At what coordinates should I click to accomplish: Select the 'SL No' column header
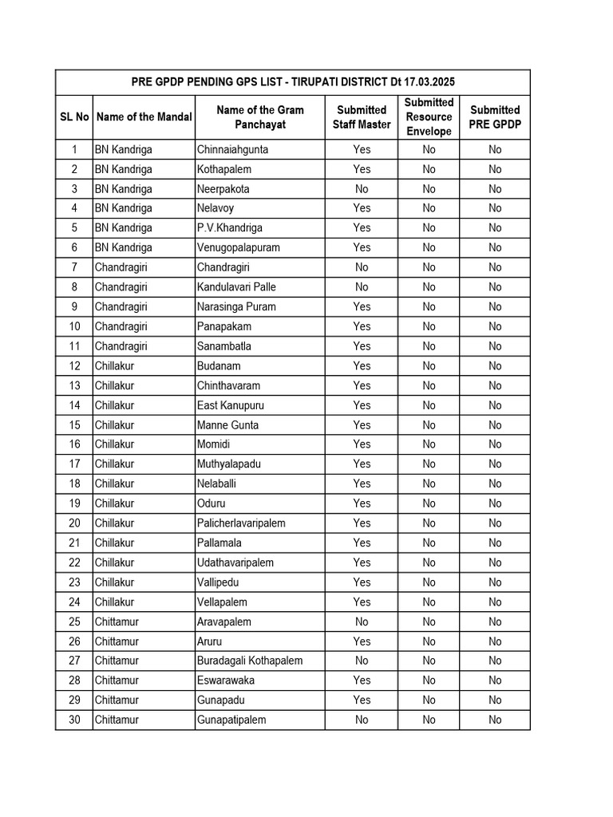click(74, 116)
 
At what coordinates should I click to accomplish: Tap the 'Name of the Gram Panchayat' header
click(259, 116)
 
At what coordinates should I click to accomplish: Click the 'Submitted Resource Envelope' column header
click(429, 116)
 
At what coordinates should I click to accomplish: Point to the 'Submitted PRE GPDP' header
click(495, 116)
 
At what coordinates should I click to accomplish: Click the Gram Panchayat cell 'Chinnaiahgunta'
click(232, 149)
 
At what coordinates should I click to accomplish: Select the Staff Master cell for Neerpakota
click(362, 189)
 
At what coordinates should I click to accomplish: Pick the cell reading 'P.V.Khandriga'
click(229, 228)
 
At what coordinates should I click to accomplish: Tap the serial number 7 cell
click(74, 267)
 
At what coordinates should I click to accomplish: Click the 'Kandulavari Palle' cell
click(236, 287)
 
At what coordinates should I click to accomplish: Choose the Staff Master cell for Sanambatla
click(362, 346)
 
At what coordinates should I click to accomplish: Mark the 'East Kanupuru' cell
click(230, 405)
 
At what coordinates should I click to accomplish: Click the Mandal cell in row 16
click(114, 444)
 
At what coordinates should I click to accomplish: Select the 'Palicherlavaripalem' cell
click(241, 523)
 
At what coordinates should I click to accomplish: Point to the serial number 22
click(74, 562)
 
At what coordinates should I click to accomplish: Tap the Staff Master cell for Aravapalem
click(362, 622)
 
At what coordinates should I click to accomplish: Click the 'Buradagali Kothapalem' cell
click(249, 661)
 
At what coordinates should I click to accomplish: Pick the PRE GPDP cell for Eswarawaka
click(495, 681)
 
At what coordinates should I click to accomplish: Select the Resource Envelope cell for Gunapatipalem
click(429, 720)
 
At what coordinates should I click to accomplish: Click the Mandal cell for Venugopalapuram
click(123, 248)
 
